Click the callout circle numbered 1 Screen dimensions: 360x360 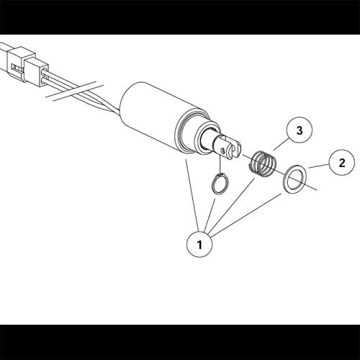(199, 244)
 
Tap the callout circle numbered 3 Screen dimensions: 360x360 (297, 130)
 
